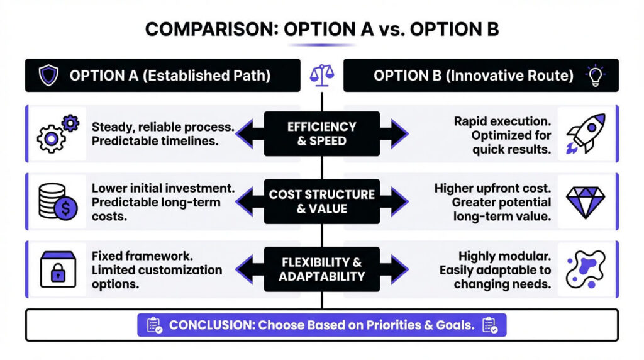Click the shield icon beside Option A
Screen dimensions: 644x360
tap(48, 75)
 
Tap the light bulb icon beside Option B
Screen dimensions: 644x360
tap(595, 75)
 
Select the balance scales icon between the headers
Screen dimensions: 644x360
tap(322, 75)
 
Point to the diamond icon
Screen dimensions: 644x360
tap(586, 202)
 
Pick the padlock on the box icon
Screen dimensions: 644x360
tap(58, 273)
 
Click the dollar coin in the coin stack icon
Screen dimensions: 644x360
tap(65, 208)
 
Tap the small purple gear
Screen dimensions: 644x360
tap(70, 123)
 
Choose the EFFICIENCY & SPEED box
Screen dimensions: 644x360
tap(322, 133)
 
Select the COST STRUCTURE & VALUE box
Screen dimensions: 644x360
tap(322, 201)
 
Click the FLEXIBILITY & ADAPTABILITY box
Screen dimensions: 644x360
tap(322, 269)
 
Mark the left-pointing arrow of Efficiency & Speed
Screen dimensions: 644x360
tap(250, 133)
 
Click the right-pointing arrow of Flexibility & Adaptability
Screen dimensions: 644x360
tap(394, 269)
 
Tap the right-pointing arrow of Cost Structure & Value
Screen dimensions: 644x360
tap(394, 201)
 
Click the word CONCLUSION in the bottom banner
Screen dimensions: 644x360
tap(212, 325)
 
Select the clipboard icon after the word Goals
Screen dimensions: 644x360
tap(491, 325)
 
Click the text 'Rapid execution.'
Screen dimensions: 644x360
tap(502, 121)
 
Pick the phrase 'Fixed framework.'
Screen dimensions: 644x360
tap(142, 256)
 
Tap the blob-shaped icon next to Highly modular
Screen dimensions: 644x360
tap(586, 269)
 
